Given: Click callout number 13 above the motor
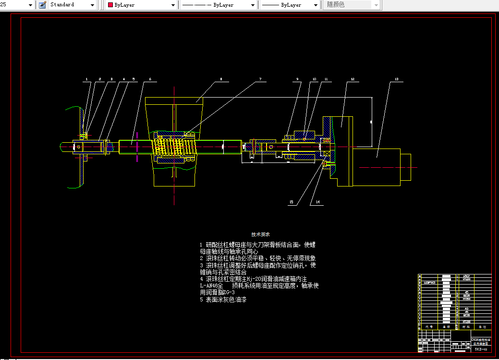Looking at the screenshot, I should pyautogui.click(x=396, y=78).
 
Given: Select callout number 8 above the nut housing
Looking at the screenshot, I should pyautogui.click(x=221, y=78).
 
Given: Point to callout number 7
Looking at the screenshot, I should pyautogui.click(x=260, y=78).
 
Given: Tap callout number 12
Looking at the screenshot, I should pyautogui.click(x=352, y=78).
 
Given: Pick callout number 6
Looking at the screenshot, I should pyautogui.click(x=150, y=78).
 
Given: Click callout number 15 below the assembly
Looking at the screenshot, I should pyautogui.click(x=291, y=202).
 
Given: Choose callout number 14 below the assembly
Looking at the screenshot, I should pyautogui.click(x=317, y=202).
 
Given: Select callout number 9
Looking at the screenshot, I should pyautogui.click(x=297, y=78).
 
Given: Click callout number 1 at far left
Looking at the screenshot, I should pyautogui.click(x=86, y=78).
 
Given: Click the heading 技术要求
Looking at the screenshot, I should pyautogui.click(x=260, y=234).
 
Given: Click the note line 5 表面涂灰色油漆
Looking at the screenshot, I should pyautogui.click(x=223, y=299).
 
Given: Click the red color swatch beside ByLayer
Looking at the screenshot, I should pyautogui.click(x=110, y=5).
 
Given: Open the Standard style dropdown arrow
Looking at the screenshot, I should pyautogui.click(x=93, y=5).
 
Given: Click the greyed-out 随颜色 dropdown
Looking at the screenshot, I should pyautogui.click(x=353, y=5).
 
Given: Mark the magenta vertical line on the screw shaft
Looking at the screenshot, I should pyautogui.click(x=137, y=147).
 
